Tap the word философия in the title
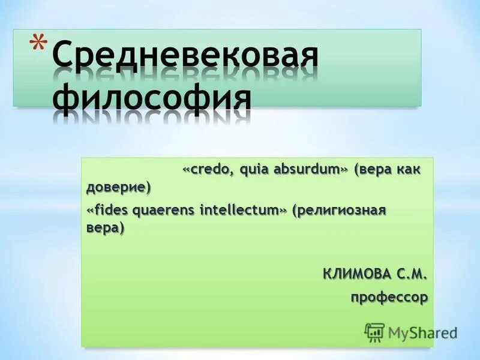click(x=151, y=98)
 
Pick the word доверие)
click(x=118, y=187)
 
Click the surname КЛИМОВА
click(x=356, y=274)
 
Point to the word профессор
click(x=389, y=296)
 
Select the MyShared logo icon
click(x=374, y=331)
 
